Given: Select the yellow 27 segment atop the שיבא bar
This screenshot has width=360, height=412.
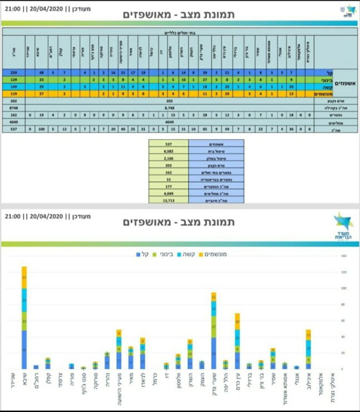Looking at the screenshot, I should (x=24, y=277).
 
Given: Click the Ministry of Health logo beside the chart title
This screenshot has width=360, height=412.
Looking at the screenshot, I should (x=343, y=226).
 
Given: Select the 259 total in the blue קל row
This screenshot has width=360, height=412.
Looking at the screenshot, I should (x=13, y=72).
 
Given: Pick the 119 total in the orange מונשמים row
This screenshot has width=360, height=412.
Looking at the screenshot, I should (x=13, y=94).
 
